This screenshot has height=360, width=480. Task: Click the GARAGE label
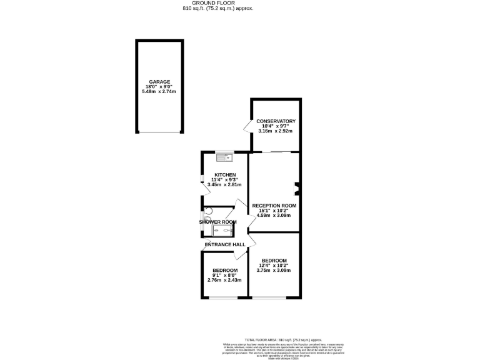coord(159,81)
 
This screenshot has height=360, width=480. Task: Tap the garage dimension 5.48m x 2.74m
coord(159,92)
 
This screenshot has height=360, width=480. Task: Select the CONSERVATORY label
coord(275,121)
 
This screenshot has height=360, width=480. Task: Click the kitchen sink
coord(224,157)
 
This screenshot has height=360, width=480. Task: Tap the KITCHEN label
coord(225,174)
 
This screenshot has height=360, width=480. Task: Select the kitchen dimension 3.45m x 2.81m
coord(224,184)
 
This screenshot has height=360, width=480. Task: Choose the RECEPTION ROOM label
coord(274,205)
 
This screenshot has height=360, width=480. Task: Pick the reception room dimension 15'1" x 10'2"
coord(274,211)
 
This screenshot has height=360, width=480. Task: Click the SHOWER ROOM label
coord(217,222)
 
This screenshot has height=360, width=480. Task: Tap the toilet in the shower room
coord(208,211)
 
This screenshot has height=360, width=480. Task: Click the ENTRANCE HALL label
coord(221,244)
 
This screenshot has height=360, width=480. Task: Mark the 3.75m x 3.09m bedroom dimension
coord(274,270)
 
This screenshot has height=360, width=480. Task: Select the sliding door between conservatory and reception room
coord(275,152)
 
